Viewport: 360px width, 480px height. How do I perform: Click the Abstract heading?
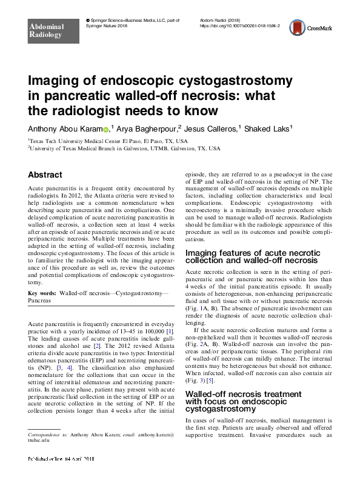(45, 175)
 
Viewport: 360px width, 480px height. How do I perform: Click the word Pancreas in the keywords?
(40, 300)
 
